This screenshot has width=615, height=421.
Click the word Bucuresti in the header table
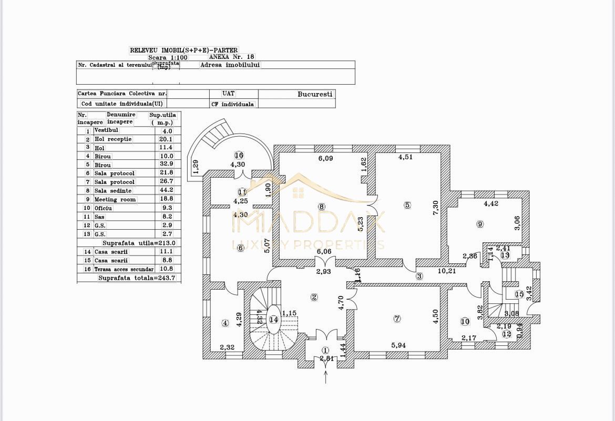pyautogui.click(x=315, y=94)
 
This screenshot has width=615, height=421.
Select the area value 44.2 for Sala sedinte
pyautogui.click(x=166, y=190)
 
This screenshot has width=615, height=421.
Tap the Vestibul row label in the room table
pyautogui.click(x=106, y=130)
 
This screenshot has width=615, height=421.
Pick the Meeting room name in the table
pyautogui.click(x=115, y=199)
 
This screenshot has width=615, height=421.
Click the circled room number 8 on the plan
pyautogui.click(x=322, y=207)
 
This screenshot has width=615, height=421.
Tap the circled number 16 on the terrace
pyautogui.click(x=239, y=155)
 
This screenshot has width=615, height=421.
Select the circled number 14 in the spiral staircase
pyautogui.click(x=273, y=319)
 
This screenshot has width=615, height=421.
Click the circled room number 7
pyautogui.click(x=397, y=319)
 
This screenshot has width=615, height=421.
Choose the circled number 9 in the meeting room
pyautogui.click(x=479, y=224)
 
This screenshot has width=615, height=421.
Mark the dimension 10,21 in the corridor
pyautogui.click(x=447, y=271)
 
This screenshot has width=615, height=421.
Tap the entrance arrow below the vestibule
pyautogui.click(x=326, y=376)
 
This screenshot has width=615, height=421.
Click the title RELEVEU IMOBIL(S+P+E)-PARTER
pyautogui.click(x=183, y=50)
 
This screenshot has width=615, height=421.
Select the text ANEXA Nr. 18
pyautogui.click(x=231, y=56)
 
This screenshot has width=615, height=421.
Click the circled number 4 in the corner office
pyautogui.click(x=225, y=323)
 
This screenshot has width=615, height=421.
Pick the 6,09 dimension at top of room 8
pyautogui.click(x=324, y=158)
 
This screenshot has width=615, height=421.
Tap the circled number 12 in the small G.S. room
pyautogui.click(x=506, y=334)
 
